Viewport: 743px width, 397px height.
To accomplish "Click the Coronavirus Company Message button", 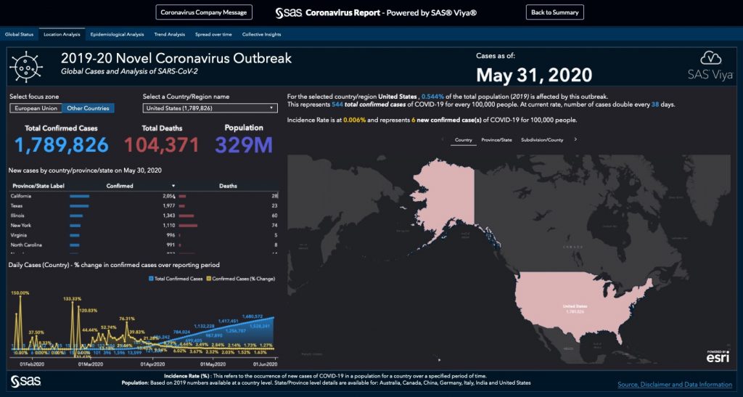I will point(204,12).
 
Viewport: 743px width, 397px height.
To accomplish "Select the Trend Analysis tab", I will point(170,34).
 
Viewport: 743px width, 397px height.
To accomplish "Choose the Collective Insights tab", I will point(261,34).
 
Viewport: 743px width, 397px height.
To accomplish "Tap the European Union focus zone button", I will point(36,108).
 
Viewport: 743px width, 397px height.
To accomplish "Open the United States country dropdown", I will point(210,108).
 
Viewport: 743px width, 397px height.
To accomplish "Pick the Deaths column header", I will point(228,186).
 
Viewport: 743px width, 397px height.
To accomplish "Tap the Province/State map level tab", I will point(496,139).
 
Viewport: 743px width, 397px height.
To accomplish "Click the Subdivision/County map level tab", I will point(541,139).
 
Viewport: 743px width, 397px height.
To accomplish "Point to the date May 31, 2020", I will point(533,75).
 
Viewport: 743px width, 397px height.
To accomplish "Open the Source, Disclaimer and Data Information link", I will point(674,385).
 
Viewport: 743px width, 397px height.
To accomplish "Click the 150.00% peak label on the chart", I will point(20,292).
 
